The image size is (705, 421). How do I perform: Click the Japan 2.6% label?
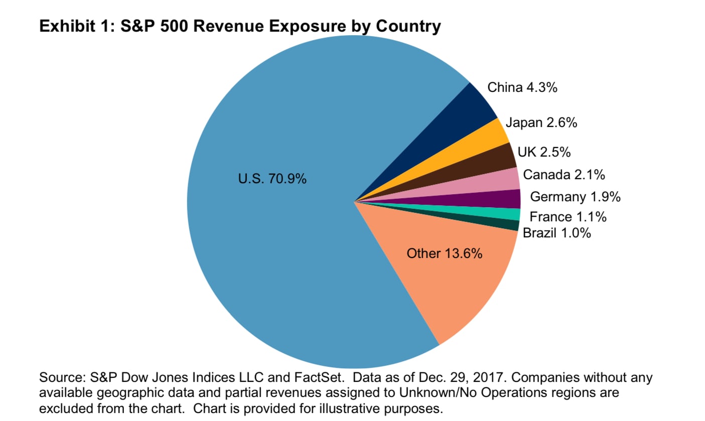[x=541, y=122]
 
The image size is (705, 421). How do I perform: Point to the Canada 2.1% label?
[x=563, y=175]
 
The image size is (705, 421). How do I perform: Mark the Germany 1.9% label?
[x=575, y=197]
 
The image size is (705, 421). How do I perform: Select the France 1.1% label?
[x=568, y=217]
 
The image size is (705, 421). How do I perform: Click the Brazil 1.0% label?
[x=556, y=233]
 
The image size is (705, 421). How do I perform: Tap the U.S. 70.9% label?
[x=272, y=179]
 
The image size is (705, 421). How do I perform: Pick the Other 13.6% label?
[x=445, y=253]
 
